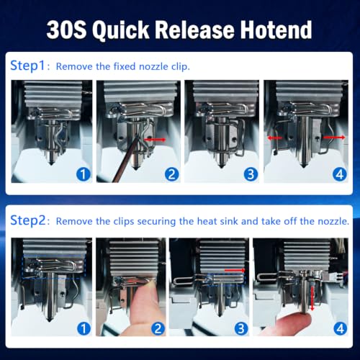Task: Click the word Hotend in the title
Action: click(276, 30)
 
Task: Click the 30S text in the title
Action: click(66, 30)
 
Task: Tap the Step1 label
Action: click(27, 66)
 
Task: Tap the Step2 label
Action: click(28, 220)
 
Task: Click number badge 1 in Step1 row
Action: click(84, 174)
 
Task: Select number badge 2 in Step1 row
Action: click(172, 174)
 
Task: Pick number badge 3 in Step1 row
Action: click(251, 174)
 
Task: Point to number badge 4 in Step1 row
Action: click(340, 174)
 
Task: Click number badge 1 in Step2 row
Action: click(84, 328)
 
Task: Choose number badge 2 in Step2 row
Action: click(158, 328)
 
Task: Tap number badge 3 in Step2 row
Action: click(241, 328)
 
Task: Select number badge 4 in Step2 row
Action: click(341, 328)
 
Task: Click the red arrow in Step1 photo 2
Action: click(155, 140)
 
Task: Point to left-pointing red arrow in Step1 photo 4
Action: click(274, 138)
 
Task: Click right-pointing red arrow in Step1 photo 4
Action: click(334, 138)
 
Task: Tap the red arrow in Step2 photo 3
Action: click(235, 270)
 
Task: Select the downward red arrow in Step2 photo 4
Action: click(312, 299)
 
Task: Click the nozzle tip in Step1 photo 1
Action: click(51, 163)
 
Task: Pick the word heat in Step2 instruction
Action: click(207, 221)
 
